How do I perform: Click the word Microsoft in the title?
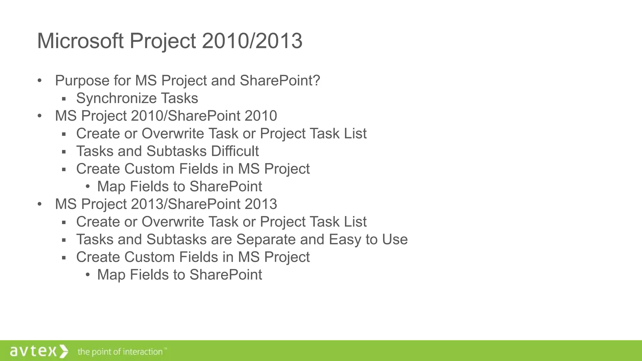tap(80, 41)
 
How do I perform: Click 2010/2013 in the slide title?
tap(252, 41)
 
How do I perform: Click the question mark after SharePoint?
tap(317, 81)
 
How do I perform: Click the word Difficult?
tap(234, 151)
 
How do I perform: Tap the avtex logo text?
tap(33, 351)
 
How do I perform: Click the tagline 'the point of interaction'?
tap(120, 352)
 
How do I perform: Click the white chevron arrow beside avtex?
tap(63, 351)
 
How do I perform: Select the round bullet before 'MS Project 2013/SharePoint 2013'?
tap(39, 204)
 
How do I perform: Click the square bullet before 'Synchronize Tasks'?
tap(64, 99)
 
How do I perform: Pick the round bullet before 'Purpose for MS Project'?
tap(39, 81)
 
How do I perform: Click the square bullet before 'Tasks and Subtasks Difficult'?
tap(64, 152)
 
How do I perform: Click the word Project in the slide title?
tap(163, 41)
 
